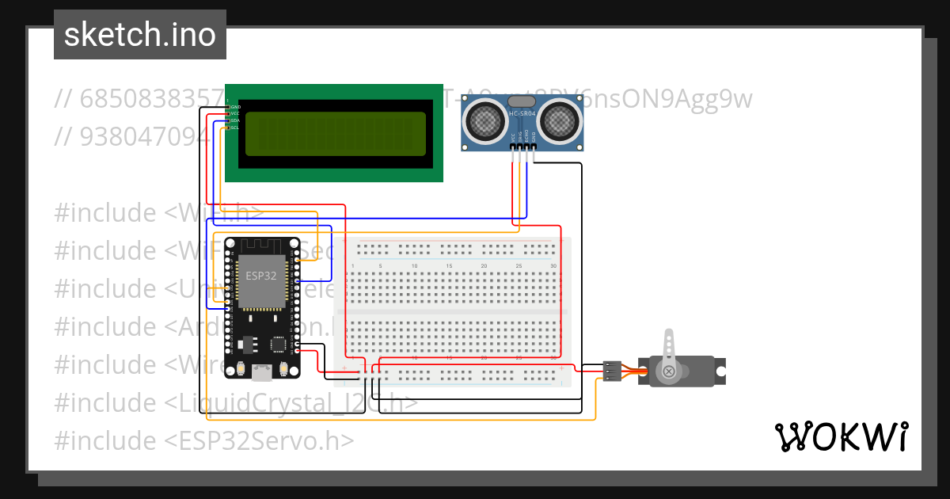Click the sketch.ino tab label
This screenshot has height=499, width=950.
[140, 35]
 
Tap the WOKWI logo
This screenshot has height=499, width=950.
[840, 437]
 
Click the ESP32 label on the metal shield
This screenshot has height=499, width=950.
[260, 276]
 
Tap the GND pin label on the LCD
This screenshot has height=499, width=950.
[234, 106]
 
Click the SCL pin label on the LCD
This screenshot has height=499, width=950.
[234, 128]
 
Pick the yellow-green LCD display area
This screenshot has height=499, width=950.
[335, 133]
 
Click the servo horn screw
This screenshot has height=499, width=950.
[669, 371]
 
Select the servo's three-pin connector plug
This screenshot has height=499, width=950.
[611, 370]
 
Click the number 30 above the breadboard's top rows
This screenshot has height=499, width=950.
[553, 266]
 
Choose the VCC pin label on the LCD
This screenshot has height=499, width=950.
[234, 113]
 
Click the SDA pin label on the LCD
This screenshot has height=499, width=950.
[234, 120]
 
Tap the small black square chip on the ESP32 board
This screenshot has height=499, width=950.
[279, 345]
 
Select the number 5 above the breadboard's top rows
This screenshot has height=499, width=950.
[381, 266]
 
